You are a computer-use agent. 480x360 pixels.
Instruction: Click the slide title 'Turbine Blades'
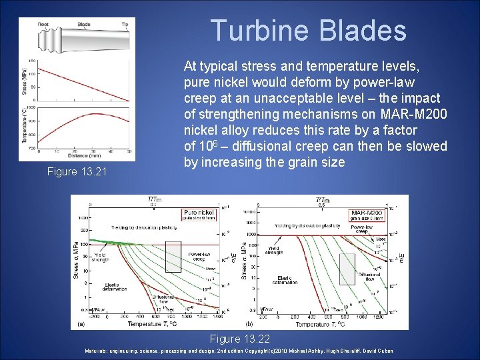click(308, 31)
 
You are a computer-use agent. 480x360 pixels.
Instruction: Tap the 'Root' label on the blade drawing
click(43, 23)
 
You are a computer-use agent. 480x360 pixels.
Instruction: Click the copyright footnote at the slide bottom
click(239, 351)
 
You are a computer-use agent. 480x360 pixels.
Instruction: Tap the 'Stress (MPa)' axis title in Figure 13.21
click(25, 81)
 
